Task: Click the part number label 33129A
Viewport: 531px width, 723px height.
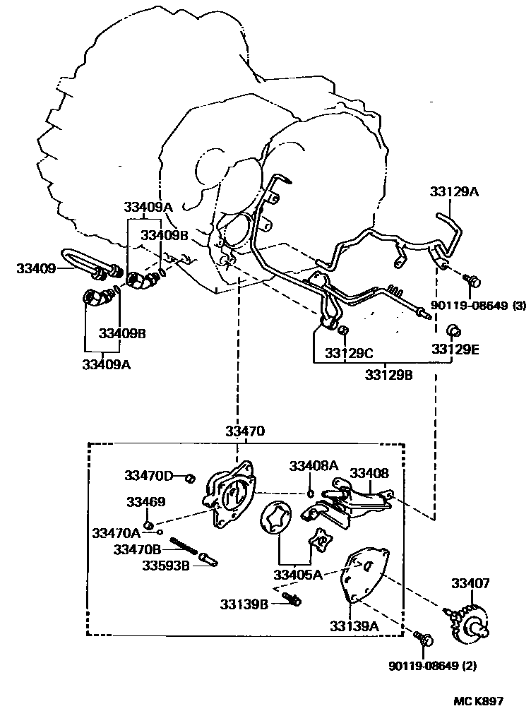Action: click(x=455, y=191)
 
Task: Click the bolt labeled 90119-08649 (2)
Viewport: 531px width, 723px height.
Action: click(x=424, y=640)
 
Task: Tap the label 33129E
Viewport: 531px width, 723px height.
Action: click(x=455, y=349)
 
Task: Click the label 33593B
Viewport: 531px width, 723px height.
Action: click(x=165, y=565)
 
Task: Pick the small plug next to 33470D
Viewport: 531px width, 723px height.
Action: click(x=190, y=478)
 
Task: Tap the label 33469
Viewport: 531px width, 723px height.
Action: click(x=146, y=502)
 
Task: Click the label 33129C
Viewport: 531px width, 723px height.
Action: click(x=349, y=351)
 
